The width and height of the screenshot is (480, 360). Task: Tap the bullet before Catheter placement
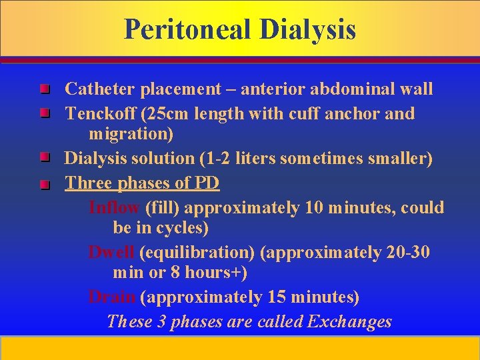point(44,89)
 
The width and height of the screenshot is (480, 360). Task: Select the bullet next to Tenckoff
point(44,114)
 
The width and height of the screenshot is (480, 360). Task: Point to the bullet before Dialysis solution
point(44,158)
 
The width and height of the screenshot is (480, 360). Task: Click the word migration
point(131,134)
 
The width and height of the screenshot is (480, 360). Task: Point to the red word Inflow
point(114,207)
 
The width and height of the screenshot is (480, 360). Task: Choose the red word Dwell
point(112,253)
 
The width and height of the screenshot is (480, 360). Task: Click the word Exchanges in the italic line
point(349,322)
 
